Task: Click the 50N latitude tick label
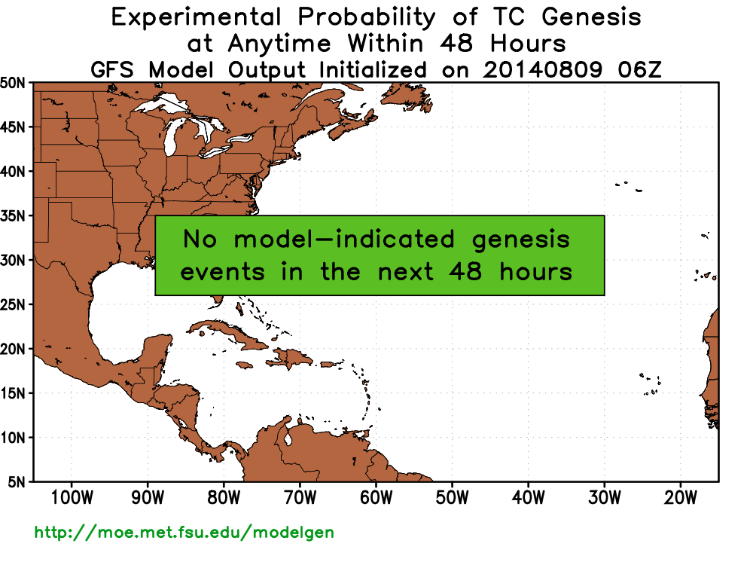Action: point(13,83)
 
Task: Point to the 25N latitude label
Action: point(13,304)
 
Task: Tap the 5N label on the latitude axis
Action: point(17,482)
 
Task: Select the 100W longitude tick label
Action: point(72,498)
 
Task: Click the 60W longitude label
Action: point(376,498)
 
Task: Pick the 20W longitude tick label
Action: point(680,498)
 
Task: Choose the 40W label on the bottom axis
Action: point(529,498)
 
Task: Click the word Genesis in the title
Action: point(591,17)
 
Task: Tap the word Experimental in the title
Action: point(196,18)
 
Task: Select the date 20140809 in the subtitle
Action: point(542,70)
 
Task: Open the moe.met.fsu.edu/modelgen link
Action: point(184,533)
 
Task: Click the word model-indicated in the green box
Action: point(344,239)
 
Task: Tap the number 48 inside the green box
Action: point(465,271)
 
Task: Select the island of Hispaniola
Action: point(291,359)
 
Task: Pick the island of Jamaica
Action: point(245,365)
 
